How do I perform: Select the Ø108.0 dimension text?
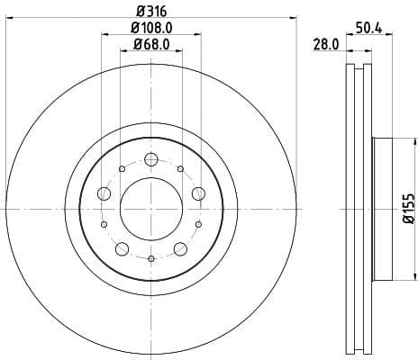[x=150, y=28]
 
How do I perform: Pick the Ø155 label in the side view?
[x=406, y=207]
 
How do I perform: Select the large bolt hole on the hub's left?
[x=104, y=194]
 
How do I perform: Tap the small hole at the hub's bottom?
[x=150, y=259]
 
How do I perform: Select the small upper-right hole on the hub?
[x=180, y=169]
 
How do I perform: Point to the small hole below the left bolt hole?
[x=104, y=224]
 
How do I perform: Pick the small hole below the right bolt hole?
[x=198, y=224]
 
